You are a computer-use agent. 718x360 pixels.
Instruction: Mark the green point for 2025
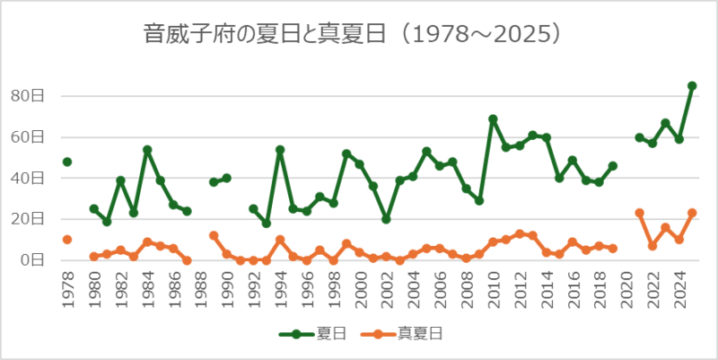point(692,86)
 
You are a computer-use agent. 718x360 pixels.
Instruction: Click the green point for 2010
point(493,119)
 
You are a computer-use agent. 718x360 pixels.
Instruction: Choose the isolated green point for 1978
point(67,162)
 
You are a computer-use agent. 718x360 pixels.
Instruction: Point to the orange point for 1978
point(67,240)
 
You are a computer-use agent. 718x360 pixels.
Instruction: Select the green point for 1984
point(147,150)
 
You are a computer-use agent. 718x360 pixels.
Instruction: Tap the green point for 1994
point(280,150)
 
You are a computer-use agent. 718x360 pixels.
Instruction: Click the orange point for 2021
point(639,213)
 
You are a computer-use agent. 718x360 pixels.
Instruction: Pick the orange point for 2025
point(692,213)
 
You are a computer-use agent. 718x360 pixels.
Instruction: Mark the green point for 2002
point(387,219)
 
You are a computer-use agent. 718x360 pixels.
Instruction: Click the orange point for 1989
point(214,235)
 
